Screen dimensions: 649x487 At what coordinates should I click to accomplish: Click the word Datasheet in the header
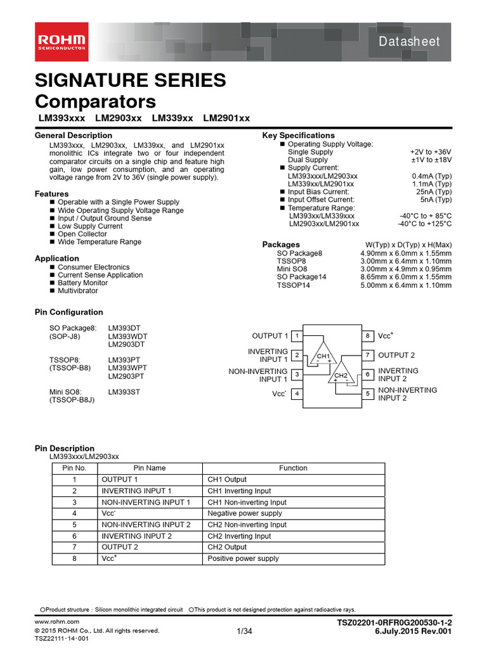point(408,42)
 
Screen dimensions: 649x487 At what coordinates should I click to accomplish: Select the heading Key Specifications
point(298,136)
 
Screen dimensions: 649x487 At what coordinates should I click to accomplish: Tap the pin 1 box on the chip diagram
point(298,336)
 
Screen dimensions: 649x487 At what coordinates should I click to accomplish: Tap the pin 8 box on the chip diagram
point(368,336)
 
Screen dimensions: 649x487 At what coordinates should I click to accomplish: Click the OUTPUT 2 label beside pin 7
point(396,356)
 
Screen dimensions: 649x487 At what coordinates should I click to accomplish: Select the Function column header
point(293,468)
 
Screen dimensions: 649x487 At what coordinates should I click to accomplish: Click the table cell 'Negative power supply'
point(245,513)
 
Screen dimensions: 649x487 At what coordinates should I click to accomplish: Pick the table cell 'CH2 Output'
point(227,547)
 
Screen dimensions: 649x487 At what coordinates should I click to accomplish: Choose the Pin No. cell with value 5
point(74,525)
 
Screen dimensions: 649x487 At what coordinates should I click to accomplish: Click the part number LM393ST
point(125,392)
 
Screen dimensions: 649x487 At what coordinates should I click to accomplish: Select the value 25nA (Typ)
point(434,192)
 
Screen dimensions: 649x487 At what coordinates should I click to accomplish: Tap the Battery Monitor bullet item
point(84,283)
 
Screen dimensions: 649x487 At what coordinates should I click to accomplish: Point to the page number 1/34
point(244,631)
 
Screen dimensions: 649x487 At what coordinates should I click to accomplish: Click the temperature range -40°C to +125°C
point(425,224)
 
